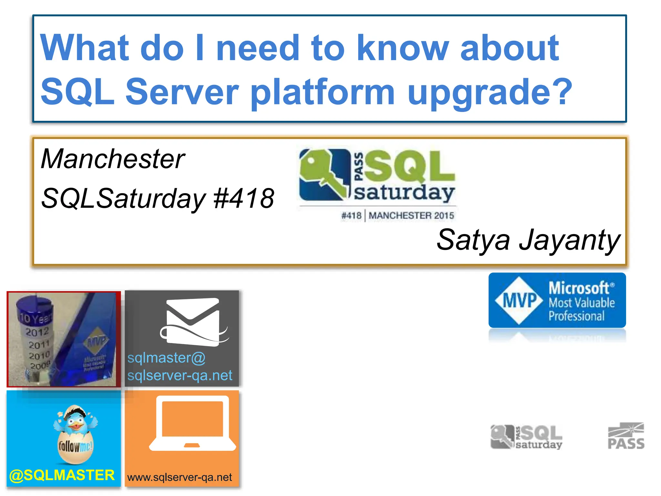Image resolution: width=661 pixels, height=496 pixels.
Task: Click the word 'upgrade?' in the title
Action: click(490, 93)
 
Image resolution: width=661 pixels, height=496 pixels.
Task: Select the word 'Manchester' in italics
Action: click(113, 159)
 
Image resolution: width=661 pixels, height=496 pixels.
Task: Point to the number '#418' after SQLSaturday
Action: click(244, 198)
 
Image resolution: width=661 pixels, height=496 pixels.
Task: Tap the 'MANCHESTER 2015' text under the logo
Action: click(411, 216)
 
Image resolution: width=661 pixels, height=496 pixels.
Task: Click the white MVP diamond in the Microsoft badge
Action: click(519, 300)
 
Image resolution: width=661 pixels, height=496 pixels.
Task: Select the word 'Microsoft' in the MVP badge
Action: click(579, 288)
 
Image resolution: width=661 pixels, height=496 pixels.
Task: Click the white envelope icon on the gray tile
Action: click(193, 321)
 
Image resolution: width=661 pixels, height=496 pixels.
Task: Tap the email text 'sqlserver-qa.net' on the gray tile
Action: click(180, 376)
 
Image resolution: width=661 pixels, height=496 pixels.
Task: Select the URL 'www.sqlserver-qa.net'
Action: click(180, 477)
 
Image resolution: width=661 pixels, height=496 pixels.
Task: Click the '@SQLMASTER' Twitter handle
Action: click(62, 475)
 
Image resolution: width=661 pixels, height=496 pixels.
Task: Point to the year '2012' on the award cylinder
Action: click(37, 332)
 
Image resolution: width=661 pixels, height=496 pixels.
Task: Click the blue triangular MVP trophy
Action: click(92, 342)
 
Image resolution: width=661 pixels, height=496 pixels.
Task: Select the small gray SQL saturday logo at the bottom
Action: click(526, 437)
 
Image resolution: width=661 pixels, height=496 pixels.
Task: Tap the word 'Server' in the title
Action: click(182, 93)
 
